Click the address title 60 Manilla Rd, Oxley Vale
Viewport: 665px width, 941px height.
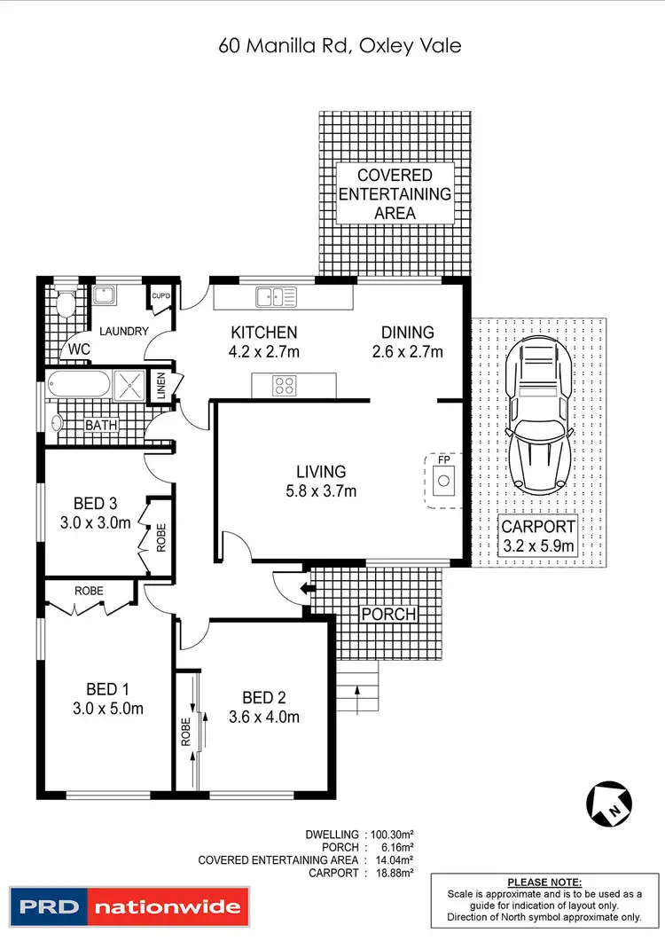[x=340, y=45]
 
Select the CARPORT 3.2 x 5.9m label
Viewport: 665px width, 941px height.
[x=539, y=536]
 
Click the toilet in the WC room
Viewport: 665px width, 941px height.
[x=64, y=305]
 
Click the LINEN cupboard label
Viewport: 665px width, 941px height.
[x=160, y=386]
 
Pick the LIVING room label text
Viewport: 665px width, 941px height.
[x=321, y=472]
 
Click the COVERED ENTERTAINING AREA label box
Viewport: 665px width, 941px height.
[x=395, y=194]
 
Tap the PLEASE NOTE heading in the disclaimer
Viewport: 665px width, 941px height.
[x=544, y=882]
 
